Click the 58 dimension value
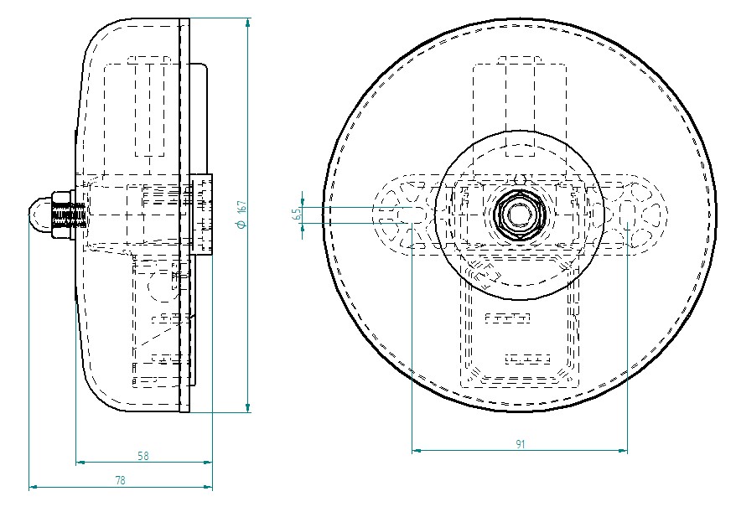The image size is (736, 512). click(x=143, y=456)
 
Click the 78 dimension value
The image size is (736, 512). click(x=120, y=480)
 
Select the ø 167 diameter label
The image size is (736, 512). click(x=241, y=215)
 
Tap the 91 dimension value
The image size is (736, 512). click(x=520, y=445)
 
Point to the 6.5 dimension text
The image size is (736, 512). click(x=297, y=215)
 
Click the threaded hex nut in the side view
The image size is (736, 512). click(x=62, y=215)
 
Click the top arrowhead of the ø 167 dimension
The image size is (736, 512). click(x=248, y=23)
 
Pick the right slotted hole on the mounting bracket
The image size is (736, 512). click(x=629, y=215)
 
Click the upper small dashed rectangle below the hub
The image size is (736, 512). click(x=508, y=318)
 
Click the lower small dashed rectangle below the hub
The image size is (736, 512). click(x=527, y=359)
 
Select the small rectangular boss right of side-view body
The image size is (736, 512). click(x=201, y=215)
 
